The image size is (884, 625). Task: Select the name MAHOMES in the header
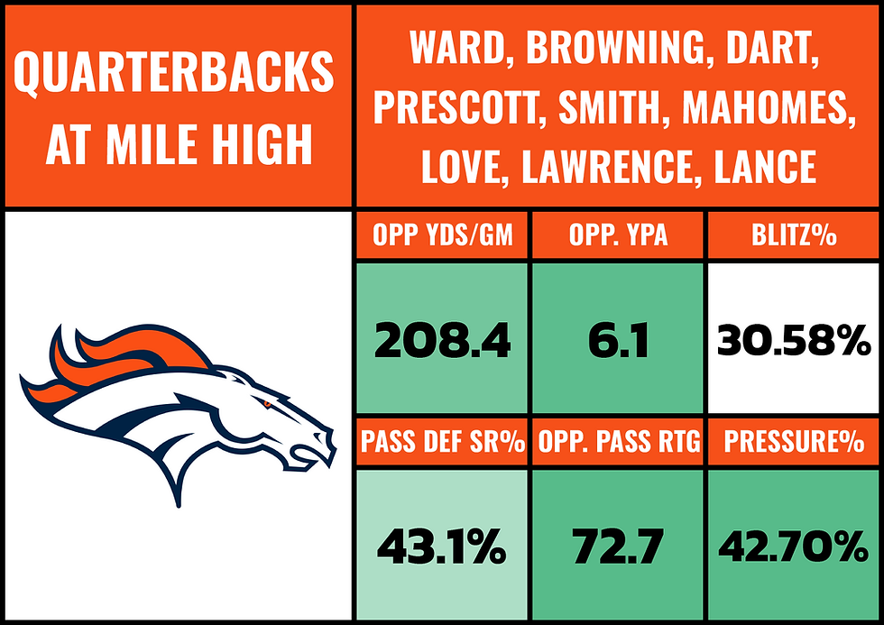tap(768, 108)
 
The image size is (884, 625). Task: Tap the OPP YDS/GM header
tap(442, 238)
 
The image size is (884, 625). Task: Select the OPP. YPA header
tap(618, 238)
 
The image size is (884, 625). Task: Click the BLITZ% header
tap(794, 238)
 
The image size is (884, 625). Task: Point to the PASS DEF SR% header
tap(442, 443)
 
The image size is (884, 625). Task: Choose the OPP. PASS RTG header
tap(618, 443)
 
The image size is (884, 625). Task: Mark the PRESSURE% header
tap(794, 443)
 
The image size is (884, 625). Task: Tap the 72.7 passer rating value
tap(618, 546)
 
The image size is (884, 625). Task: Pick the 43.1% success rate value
tap(442, 546)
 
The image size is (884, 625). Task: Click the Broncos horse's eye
tap(268, 407)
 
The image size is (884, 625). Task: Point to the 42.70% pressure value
tap(794, 546)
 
